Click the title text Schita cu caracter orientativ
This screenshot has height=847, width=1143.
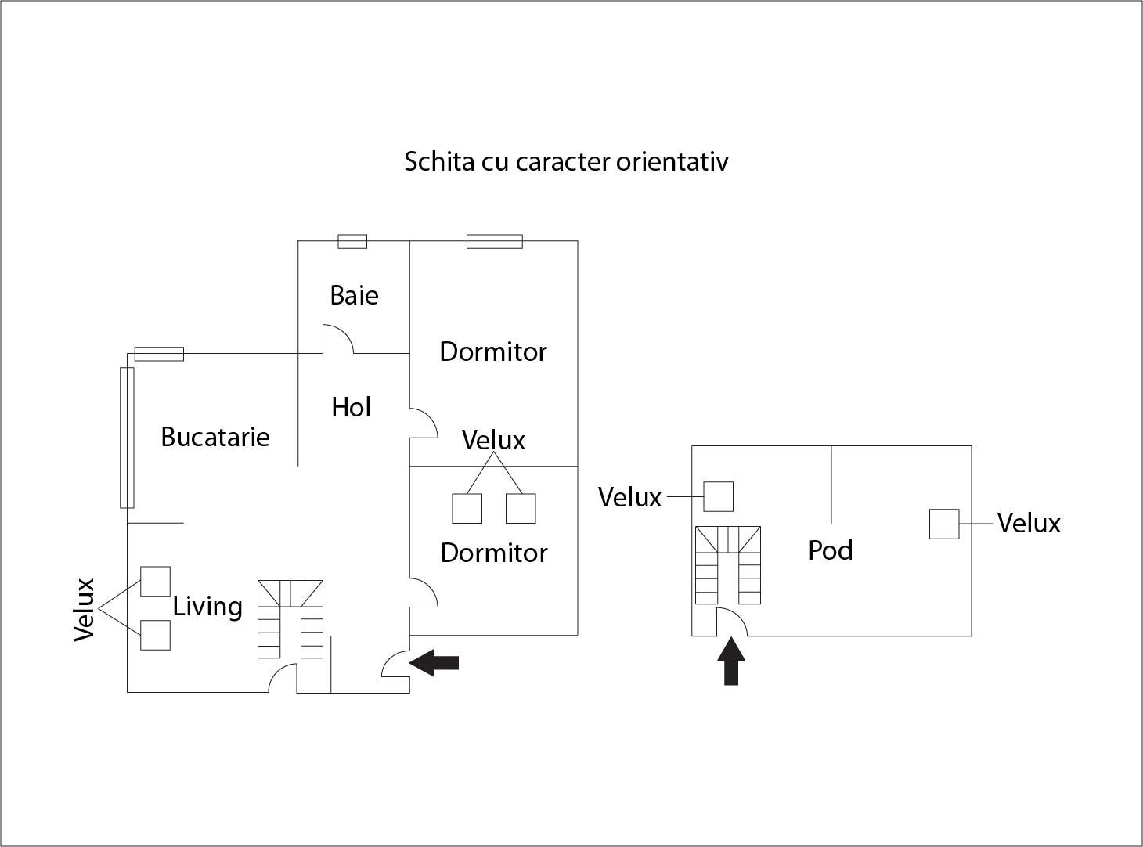(x=566, y=161)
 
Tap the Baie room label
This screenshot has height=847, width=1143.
(x=354, y=295)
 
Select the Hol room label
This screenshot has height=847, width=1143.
(x=351, y=407)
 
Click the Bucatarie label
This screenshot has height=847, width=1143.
(x=215, y=437)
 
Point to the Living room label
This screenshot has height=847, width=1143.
(x=207, y=607)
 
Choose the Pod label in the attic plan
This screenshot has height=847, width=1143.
(x=830, y=550)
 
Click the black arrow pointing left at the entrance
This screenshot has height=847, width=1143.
(x=434, y=663)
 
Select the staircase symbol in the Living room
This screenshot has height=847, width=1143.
(x=290, y=618)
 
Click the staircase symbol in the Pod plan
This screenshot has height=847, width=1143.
(x=728, y=564)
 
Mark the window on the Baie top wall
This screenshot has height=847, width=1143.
(x=352, y=241)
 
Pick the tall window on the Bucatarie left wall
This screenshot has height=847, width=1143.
(x=127, y=437)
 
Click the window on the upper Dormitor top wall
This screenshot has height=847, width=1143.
(x=495, y=241)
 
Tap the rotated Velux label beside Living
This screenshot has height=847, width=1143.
(x=84, y=609)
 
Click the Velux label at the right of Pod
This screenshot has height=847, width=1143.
(x=1029, y=523)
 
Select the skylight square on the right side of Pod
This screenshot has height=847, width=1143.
(x=944, y=524)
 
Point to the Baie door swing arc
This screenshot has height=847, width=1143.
(x=340, y=339)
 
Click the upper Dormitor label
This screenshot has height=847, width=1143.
(x=493, y=351)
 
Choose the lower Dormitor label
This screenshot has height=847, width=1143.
(x=494, y=553)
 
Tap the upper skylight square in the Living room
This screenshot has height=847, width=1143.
(x=155, y=581)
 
